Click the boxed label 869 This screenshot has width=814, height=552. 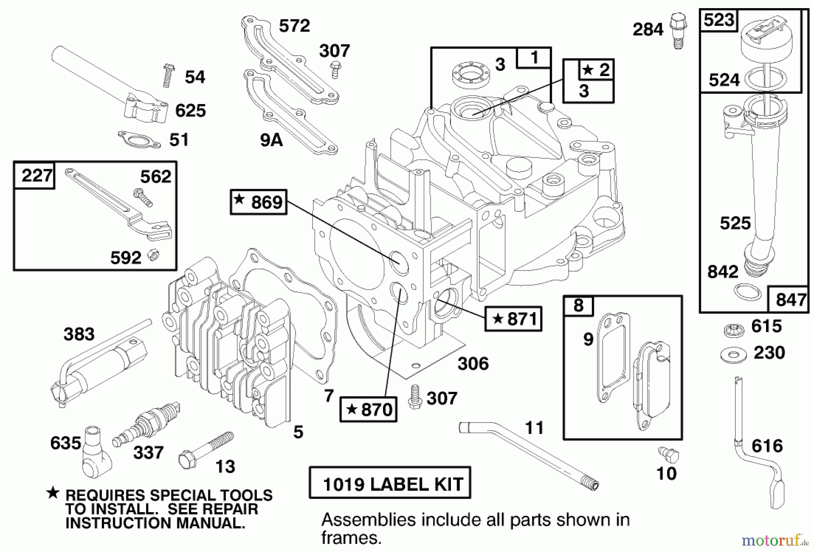259,202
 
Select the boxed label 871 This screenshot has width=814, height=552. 513,319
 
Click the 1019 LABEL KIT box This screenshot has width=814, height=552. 390,483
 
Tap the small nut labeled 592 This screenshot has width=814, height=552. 154,256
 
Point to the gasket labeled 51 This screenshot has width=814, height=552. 139,139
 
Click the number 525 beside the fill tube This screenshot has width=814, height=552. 735,223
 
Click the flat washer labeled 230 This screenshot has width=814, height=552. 733,354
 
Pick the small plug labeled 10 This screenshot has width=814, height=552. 668,453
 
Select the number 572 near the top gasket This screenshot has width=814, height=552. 294,26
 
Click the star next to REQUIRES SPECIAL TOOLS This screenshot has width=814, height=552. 53,493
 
